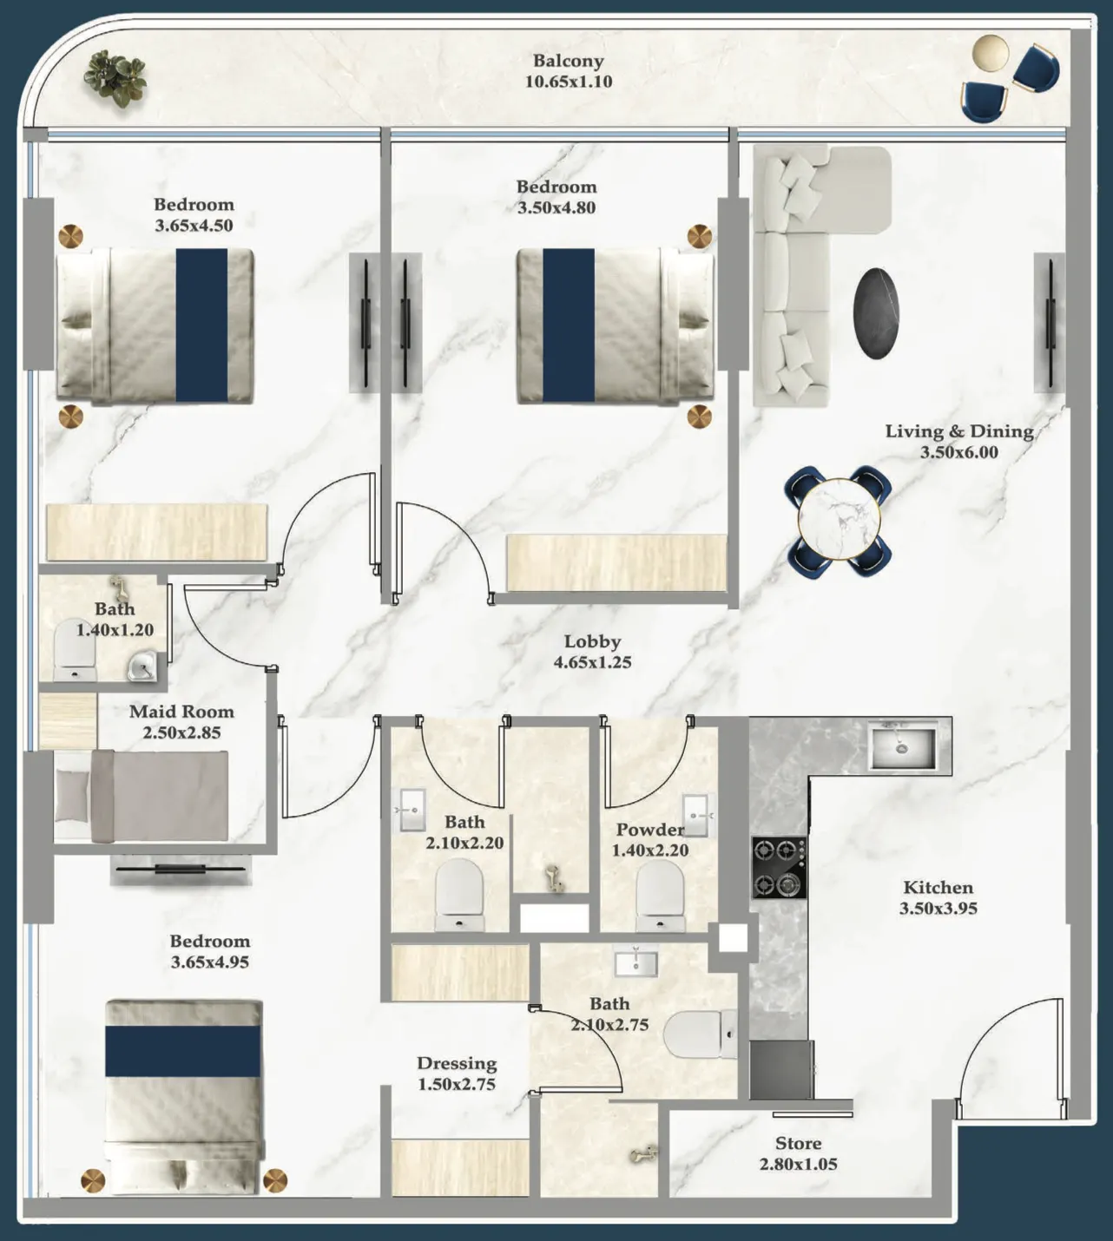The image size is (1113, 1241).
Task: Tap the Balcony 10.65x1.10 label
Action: tap(568, 71)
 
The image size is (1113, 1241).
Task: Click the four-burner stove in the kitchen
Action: tap(779, 867)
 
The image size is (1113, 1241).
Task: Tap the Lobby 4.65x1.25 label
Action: tap(592, 652)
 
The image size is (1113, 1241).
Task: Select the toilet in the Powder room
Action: tap(660, 897)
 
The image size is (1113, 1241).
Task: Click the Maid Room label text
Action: tap(181, 712)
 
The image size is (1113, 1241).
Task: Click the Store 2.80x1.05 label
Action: tap(798, 1154)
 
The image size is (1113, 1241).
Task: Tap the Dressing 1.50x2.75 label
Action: tap(457, 1074)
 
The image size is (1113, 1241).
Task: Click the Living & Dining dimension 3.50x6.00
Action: tap(958, 452)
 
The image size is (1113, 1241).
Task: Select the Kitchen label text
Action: tap(938, 888)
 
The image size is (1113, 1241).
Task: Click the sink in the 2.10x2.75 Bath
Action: tap(636, 963)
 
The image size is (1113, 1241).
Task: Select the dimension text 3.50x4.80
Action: tap(556, 207)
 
